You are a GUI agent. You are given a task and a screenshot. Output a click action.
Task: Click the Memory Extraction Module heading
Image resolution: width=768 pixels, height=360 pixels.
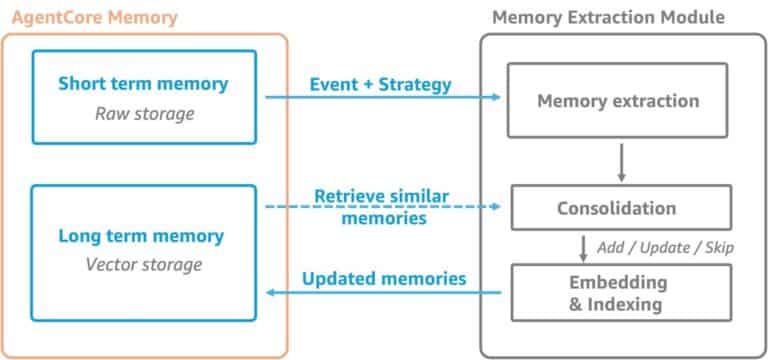(609, 17)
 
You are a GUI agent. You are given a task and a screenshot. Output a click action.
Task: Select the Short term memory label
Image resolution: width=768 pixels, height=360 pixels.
(144, 84)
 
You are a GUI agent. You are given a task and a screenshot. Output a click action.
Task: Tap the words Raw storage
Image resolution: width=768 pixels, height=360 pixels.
(144, 113)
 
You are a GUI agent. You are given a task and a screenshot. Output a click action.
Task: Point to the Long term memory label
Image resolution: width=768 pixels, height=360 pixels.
(144, 236)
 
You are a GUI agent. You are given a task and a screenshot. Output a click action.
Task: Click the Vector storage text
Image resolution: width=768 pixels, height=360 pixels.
(144, 265)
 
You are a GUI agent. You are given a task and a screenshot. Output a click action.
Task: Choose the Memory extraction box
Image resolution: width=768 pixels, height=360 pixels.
(618, 101)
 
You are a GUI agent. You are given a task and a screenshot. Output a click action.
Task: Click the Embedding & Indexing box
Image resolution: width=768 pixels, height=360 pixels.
(617, 292)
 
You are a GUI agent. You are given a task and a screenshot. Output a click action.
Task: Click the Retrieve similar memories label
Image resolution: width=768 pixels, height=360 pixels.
(381, 206)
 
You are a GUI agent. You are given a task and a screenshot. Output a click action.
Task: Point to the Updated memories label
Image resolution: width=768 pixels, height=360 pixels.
(384, 279)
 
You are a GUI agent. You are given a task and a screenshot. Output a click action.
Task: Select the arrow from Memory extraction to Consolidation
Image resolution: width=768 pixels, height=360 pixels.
(621, 162)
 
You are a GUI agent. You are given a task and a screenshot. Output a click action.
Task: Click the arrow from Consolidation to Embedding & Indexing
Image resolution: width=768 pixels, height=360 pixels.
(585, 247)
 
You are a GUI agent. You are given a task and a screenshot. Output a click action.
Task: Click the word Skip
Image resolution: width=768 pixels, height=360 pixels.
(719, 247)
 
